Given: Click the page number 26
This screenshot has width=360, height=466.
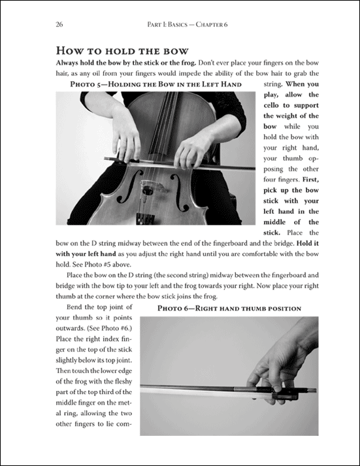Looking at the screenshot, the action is tap(59, 24).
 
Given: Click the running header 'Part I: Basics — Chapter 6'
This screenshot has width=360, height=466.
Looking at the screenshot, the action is tap(188, 24).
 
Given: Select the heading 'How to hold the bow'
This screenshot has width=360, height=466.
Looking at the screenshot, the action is tap(122, 50).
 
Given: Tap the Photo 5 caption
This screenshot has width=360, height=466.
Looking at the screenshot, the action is tap(156, 84).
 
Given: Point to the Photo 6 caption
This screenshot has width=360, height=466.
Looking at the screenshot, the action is tap(229, 308).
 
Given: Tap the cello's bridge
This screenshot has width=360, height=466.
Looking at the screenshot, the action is tap(152, 186).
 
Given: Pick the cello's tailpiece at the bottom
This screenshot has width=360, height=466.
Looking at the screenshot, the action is tap(145, 218).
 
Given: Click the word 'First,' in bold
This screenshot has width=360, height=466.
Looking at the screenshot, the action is tap(311, 180).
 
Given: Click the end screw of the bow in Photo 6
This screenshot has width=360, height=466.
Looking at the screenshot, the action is tap(312, 390).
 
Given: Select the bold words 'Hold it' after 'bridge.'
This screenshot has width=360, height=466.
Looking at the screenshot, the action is tap(308, 243).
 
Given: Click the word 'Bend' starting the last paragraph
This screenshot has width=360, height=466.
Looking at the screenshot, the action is tap(74, 307).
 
